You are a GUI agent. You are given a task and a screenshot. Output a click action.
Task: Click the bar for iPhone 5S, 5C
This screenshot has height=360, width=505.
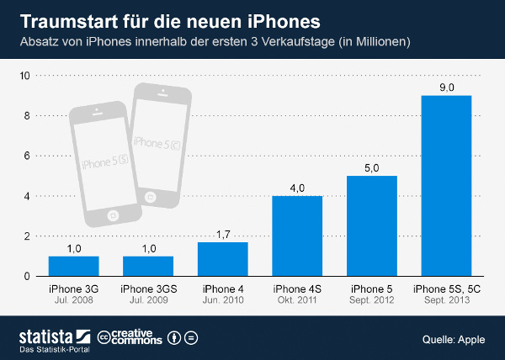446,186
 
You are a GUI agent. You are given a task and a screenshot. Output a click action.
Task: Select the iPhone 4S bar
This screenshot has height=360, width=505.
297,236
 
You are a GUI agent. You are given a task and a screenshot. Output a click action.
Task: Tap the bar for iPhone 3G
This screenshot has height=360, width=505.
74,266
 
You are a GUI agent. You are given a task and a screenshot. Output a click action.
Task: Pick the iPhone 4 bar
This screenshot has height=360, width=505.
222,259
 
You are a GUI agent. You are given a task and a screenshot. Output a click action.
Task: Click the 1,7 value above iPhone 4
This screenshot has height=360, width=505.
222,235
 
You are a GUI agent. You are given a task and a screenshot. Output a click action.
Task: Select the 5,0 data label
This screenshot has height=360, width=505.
371,168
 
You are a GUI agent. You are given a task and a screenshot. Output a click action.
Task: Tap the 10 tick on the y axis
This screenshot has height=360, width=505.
25,76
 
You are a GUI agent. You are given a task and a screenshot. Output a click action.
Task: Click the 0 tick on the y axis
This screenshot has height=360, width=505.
28,277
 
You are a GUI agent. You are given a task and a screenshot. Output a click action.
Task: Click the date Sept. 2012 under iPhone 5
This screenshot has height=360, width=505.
371,300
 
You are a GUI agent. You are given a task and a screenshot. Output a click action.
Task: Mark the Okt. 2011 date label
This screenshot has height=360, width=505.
297,300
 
